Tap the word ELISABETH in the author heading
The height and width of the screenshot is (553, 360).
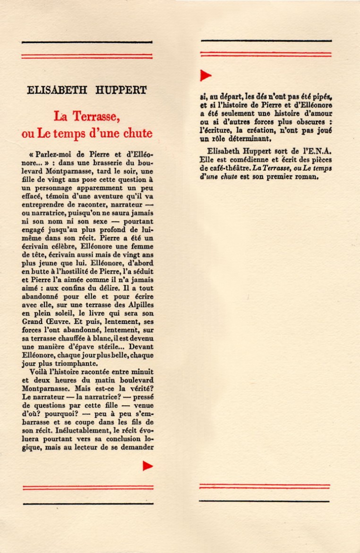tap(55, 90)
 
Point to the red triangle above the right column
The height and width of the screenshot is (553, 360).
tap(206, 75)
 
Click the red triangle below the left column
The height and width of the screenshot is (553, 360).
tap(148, 466)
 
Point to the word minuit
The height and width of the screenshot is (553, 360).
tap(142, 372)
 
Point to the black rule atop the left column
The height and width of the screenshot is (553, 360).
tap(87, 43)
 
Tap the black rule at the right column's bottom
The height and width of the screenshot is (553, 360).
tap(264, 501)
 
